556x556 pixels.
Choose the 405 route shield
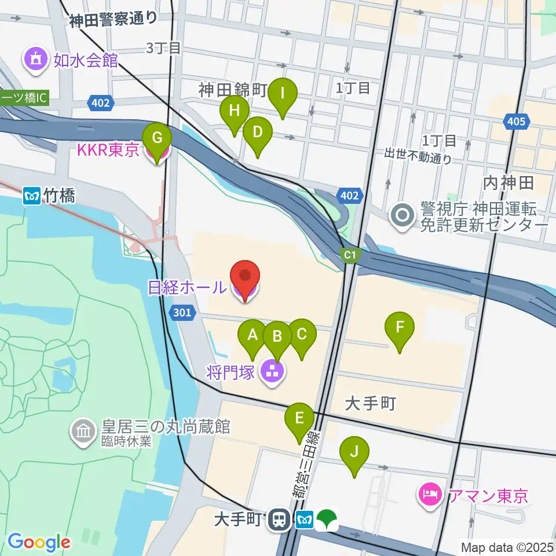click(515, 122)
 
